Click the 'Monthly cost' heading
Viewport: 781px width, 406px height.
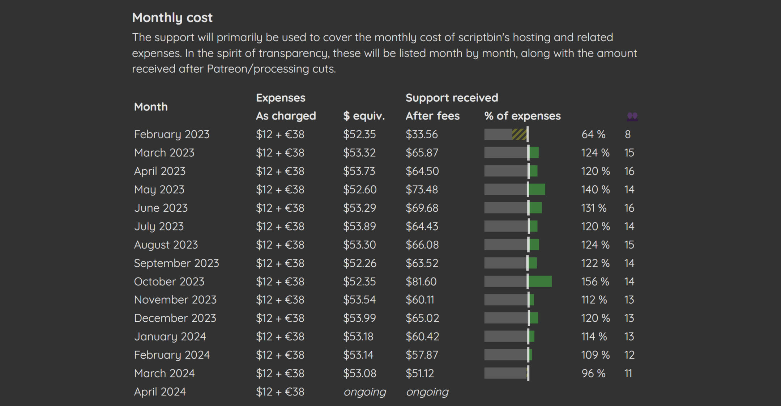pos(172,18)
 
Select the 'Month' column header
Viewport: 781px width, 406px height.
pos(151,107)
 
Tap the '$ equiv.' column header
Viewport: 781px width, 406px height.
pos(364,116)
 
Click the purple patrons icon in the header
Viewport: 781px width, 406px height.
pos(632,116)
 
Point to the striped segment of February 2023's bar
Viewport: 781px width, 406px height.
pos(519,134)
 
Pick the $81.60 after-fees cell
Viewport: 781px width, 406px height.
pos(421,282)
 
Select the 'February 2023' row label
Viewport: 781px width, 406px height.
pos(171,134)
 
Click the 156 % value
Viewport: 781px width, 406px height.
pos(595,282)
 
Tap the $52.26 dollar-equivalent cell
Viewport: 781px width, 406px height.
pos(359,263)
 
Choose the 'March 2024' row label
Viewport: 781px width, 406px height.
pos(164,373)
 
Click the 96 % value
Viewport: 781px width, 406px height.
pos(593,373)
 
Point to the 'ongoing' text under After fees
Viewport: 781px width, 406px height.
pos(427,392)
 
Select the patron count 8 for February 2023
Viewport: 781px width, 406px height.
pos(628,134)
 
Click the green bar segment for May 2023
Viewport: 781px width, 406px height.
pos(537,189)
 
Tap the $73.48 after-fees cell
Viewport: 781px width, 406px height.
pos(421,189)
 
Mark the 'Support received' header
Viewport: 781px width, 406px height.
pos(452,98)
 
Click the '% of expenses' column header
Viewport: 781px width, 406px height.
pos(522,116)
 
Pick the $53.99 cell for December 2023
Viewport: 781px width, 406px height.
pos(359,318)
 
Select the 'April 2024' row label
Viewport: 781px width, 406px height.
pos(160,392)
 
